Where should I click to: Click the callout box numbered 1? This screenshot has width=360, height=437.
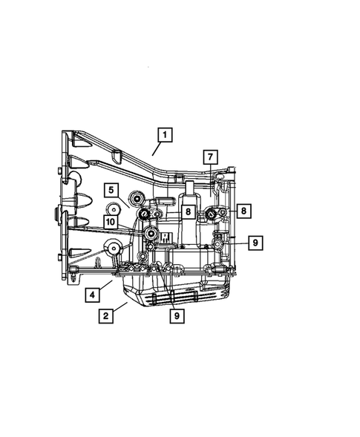coord(164,135)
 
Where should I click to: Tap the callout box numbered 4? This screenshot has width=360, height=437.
coord(92,295)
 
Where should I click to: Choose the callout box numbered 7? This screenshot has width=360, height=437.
coord(210,157)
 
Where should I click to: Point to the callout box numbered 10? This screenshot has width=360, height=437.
coord(110,221)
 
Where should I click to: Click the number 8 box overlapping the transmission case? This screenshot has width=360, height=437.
coord(189,211)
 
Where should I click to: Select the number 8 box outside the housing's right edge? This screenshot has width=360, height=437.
coord(243,211)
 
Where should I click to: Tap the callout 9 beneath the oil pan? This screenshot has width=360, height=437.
coord(177,315)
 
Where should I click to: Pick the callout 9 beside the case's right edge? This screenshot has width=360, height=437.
coord(254,242)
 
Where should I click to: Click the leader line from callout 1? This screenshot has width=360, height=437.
coord(155,148)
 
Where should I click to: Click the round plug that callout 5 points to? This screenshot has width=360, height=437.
coord(137,198)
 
